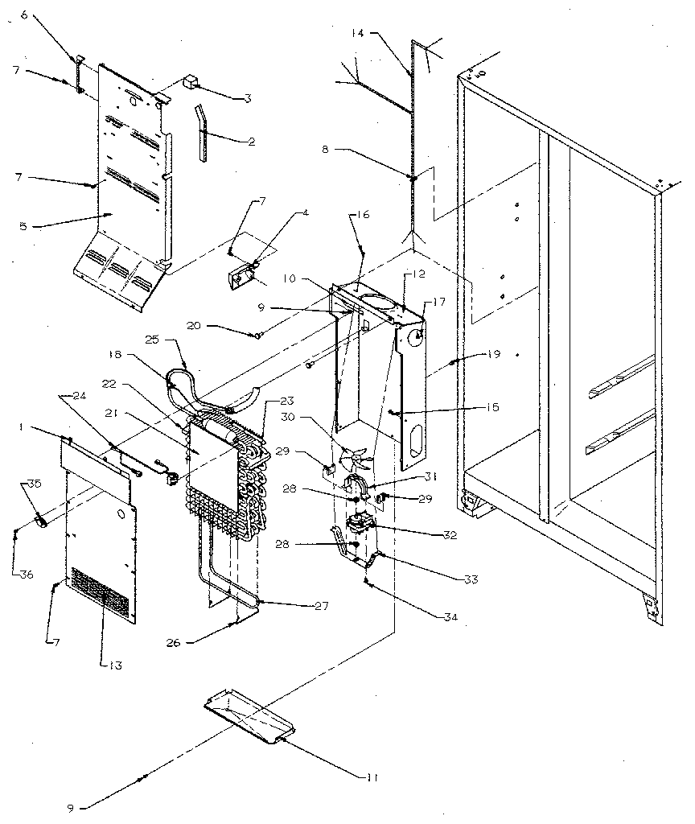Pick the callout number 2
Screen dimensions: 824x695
coord(253,142)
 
